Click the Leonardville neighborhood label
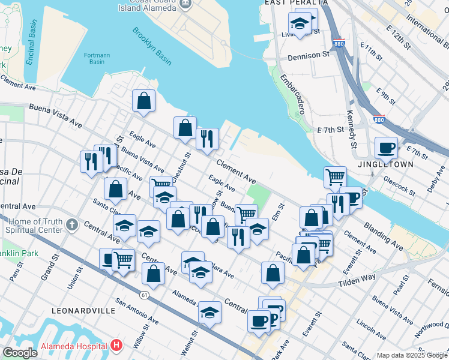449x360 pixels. tap(83, 311)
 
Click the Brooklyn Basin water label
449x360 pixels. tap(152, 46)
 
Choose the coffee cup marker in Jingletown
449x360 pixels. tap(386, 147)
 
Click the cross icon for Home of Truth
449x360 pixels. tap(71, 226)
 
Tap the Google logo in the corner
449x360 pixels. tap(20, 353)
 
